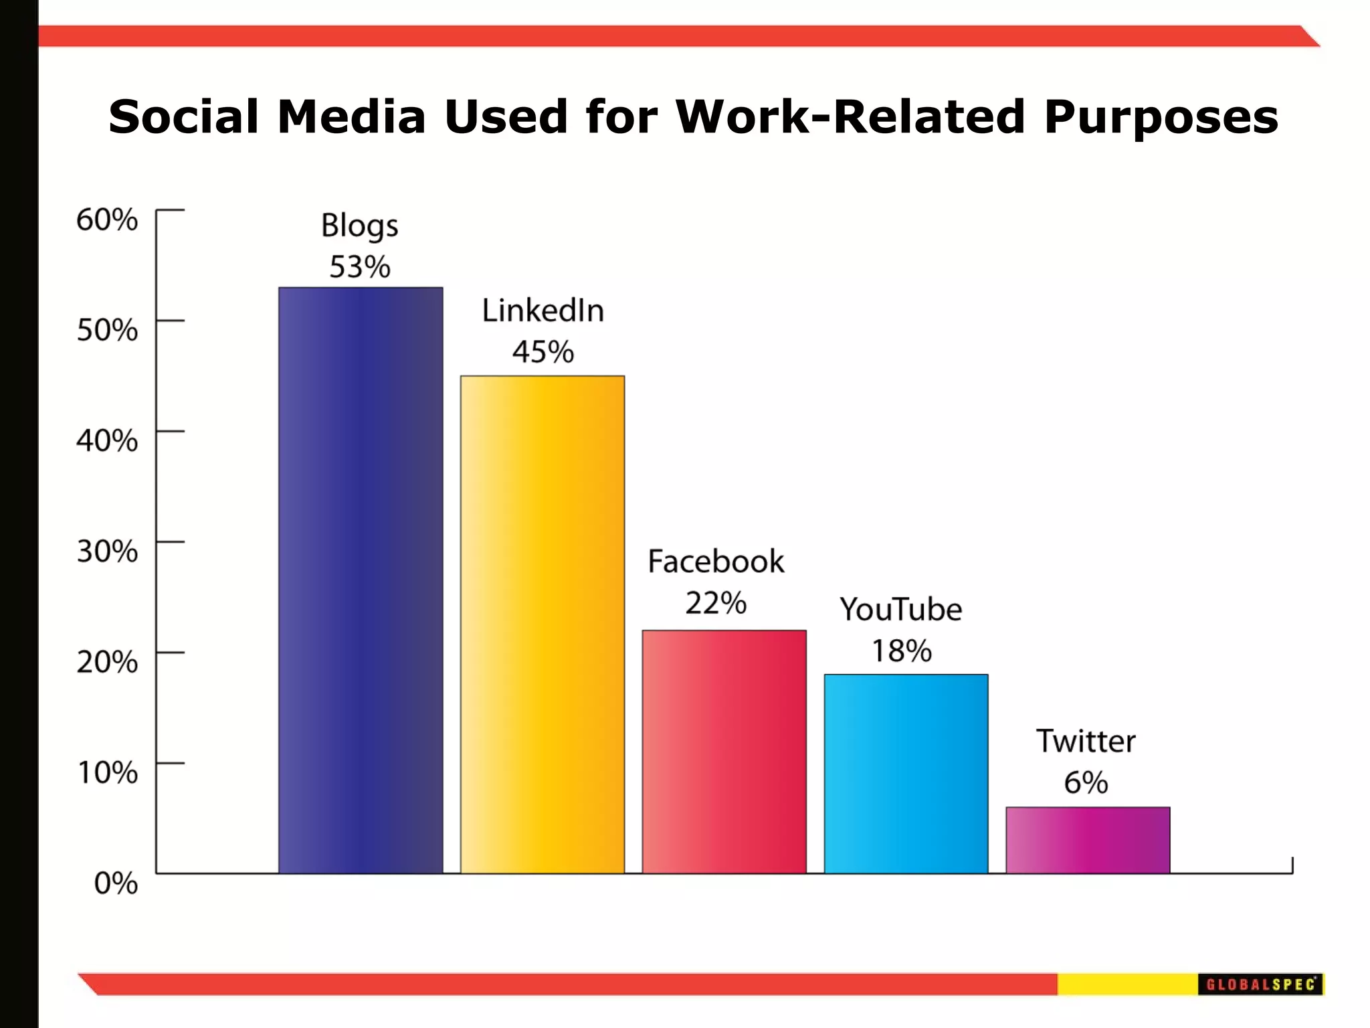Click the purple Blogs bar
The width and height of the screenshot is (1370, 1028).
361,580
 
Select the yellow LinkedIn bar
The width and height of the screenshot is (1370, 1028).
543,624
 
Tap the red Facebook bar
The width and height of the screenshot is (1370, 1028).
724,752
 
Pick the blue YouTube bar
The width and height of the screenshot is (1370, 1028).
906,774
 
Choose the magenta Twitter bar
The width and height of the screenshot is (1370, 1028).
1088,840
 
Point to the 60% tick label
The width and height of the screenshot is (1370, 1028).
107,220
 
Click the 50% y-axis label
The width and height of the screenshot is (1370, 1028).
107,330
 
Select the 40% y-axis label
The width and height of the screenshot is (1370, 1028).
107,440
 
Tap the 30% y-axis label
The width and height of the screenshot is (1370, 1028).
107,551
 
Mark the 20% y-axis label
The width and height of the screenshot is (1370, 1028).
107,662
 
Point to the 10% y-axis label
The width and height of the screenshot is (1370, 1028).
108,772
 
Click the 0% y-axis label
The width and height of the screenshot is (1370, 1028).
116,883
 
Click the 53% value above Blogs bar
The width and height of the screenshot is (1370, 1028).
360,267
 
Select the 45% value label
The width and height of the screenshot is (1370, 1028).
543,352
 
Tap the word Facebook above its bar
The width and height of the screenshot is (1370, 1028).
716,562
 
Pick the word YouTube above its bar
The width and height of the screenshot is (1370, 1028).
901,610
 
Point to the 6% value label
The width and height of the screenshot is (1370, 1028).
1086,782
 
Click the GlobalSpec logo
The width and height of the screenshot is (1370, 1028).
1260,984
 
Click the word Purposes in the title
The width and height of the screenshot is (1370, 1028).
1161,116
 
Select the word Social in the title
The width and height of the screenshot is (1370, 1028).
183,116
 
